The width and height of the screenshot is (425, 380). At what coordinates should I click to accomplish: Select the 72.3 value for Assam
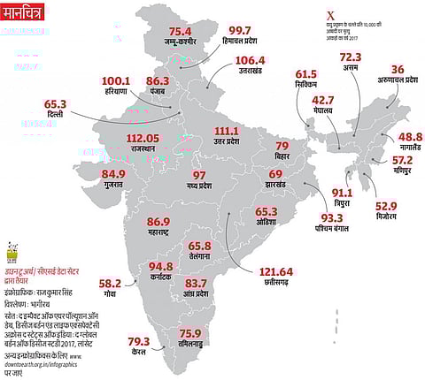(x=350, y=56)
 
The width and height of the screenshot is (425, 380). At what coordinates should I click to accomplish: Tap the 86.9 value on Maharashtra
(x=158, y=221)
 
